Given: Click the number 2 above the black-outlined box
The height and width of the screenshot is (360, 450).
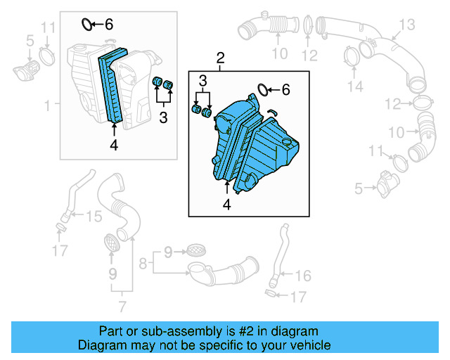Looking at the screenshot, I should (x=221, y=57).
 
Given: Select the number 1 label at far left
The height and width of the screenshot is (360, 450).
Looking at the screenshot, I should (x=47, y=105).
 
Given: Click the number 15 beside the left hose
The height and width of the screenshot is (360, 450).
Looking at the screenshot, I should (x=94, y=216).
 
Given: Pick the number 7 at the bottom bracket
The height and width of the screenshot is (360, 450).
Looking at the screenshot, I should (x=122, y=306).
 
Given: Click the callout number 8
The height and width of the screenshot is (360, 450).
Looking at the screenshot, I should (x=143, y=264).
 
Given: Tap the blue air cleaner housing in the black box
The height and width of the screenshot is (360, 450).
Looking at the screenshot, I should (x=257, y=145).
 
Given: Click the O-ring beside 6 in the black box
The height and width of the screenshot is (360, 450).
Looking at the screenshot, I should (x=262, y=89).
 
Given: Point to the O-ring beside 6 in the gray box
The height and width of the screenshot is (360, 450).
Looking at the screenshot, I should (x=87, y=25).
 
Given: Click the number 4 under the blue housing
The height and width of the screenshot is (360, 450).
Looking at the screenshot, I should (x=226, y=205).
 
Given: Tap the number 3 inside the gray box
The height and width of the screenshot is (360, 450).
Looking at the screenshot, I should (x=163, y=118).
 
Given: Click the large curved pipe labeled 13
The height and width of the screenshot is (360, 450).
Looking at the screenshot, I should (x=401, y=67).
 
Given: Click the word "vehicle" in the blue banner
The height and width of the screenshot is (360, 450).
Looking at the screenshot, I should (x=305, y=345).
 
